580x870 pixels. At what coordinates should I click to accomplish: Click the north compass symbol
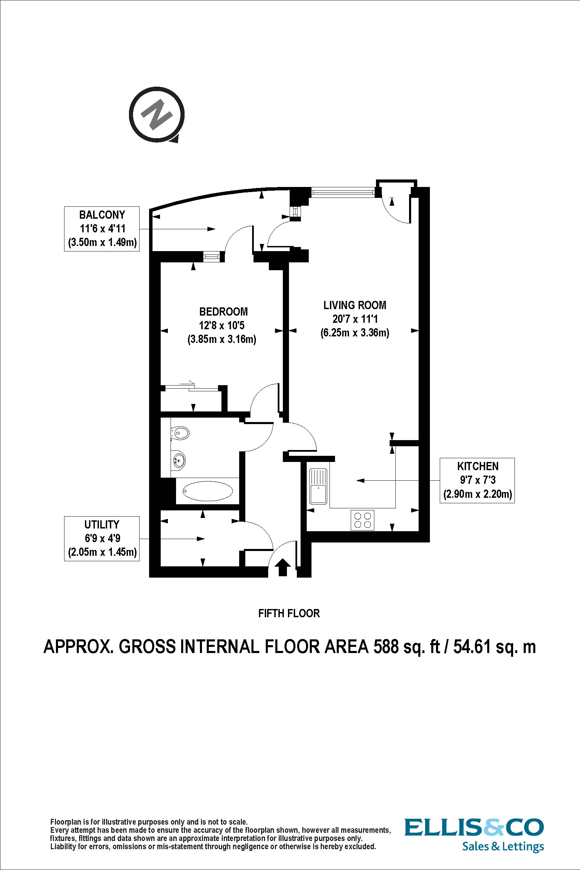tap(157, 114)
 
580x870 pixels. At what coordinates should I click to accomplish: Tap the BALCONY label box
tap(102, 229)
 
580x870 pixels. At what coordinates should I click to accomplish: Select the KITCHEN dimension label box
tap(477, 480)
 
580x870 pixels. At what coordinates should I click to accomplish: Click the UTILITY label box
tap(102, 539)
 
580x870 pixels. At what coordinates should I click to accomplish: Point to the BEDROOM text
tap(223, 311)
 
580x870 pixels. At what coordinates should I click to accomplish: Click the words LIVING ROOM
tap(354, 305)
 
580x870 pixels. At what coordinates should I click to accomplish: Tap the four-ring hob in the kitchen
tap(362, 520)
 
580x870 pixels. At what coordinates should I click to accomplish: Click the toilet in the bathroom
tap(180, 433)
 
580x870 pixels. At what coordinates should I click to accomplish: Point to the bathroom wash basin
tap(178, 461)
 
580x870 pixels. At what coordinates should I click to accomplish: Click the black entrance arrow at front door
tap(283, 567)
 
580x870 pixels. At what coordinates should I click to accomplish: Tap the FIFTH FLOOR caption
tap(289, 613)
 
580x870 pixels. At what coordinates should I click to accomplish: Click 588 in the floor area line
tap(386, 647)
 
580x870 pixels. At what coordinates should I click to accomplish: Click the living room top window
tap(342, 192)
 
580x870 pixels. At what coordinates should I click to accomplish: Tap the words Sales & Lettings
tap(503, 846)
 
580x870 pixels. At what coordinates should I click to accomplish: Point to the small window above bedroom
tap(212, 256)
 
